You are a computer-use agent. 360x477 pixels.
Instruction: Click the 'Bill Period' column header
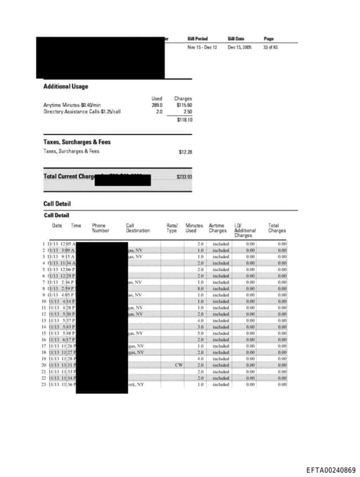[198, 39]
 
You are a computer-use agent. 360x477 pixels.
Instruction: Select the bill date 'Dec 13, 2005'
[239, 47]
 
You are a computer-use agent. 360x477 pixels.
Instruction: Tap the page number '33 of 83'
[271, 47]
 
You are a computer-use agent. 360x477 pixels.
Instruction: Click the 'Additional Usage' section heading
[65, 87]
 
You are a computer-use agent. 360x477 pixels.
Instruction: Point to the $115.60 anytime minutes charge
[184, 105]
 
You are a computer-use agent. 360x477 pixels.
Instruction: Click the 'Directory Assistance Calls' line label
[82, 111]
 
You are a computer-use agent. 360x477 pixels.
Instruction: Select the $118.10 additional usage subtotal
[184, 120]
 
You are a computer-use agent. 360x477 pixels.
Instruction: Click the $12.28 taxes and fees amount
[186, 151]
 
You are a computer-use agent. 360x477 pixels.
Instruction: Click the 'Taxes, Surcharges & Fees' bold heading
[77, 142]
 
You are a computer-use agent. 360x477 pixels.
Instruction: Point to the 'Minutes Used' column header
[194, 228]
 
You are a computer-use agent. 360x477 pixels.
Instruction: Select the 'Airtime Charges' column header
[218, 228]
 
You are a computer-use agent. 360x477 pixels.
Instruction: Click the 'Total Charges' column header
[277, 228]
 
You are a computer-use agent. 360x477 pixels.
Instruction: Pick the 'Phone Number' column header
[101, 228]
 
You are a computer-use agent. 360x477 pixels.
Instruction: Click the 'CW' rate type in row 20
[179, 365]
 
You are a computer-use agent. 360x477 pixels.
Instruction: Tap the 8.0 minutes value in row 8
[200, 288]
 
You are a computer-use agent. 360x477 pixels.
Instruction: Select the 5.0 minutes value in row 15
[200, 333]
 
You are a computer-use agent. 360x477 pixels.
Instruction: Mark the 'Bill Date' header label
[236, 39]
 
